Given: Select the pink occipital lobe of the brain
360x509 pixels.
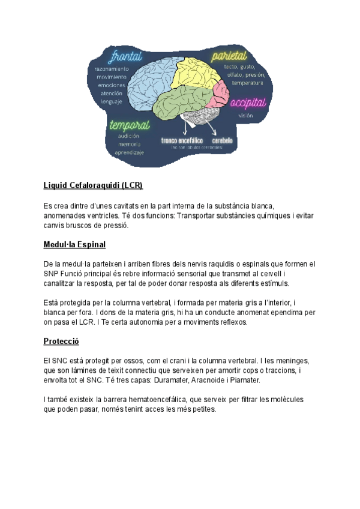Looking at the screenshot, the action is coord(220,94).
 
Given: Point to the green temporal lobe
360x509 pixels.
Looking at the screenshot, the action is coord(180,102).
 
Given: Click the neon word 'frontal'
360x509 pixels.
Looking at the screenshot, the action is coord(124,57).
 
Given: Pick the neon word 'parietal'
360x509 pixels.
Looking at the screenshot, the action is coord(229,56).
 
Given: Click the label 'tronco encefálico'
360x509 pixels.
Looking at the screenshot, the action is coord(182,141).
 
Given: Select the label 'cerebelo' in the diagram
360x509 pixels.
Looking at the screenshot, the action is coord(222,141).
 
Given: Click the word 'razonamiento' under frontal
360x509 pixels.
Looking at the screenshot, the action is coord(112,69).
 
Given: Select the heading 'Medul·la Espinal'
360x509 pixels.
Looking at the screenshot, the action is coord(74,245).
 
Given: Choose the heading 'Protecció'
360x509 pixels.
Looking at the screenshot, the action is coord(61,342).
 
